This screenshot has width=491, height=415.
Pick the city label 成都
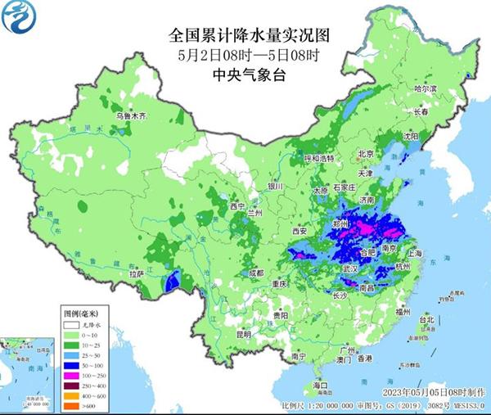(257, 273)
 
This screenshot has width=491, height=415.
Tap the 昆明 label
(244, 334)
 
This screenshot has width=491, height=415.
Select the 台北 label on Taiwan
(427, 319)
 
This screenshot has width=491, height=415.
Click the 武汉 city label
(350, 268)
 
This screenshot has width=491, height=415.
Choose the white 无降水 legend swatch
(74, 324)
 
